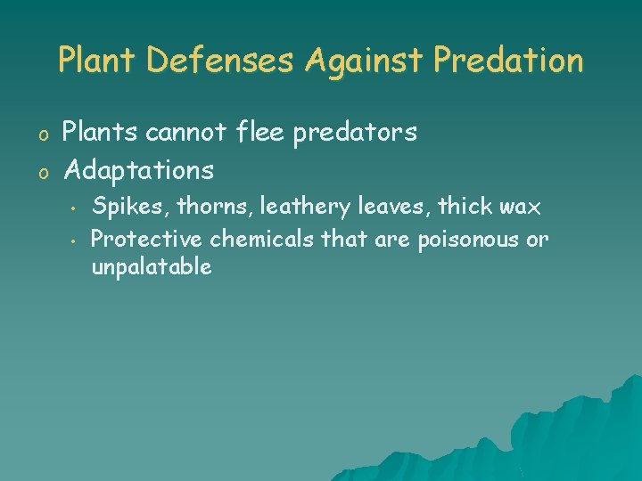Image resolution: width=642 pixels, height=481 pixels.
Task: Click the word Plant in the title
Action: click(97, 61)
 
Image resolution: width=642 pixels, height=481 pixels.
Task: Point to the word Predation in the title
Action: click(509, 61)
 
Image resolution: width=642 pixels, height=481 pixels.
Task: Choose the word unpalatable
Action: click(152, 267)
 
